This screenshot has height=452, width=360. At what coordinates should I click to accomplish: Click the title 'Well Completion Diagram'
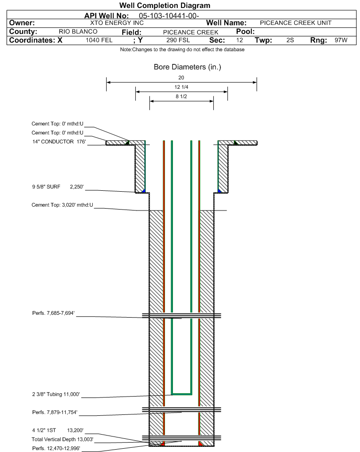click(x=164, y=6)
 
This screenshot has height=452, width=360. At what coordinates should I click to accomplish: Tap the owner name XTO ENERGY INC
click(x=117, y=23)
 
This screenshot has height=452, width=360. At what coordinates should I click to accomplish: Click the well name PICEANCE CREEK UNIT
click(x=296, y=23)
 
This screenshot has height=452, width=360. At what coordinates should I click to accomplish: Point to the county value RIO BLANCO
click(x=78, y=31)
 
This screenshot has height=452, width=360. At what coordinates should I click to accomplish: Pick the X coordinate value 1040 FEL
click(x=99, y=40)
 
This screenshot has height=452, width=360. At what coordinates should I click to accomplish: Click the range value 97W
click(x=341, y=40)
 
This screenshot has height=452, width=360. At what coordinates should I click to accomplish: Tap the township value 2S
click(x=290, y=40)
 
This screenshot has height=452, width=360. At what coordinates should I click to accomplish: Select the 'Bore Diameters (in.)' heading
click(x=187, y=67)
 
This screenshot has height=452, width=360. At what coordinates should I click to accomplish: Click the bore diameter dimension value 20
click(x=181, y=78)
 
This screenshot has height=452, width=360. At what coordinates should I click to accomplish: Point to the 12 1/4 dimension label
click(x=181, y=88)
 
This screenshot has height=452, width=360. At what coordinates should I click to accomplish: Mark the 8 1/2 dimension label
click(x=181, y=97)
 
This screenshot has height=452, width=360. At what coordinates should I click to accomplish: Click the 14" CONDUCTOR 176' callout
click(x=59, y=141)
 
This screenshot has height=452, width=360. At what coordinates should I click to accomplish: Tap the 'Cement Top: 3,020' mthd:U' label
click(x=62, y=205)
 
